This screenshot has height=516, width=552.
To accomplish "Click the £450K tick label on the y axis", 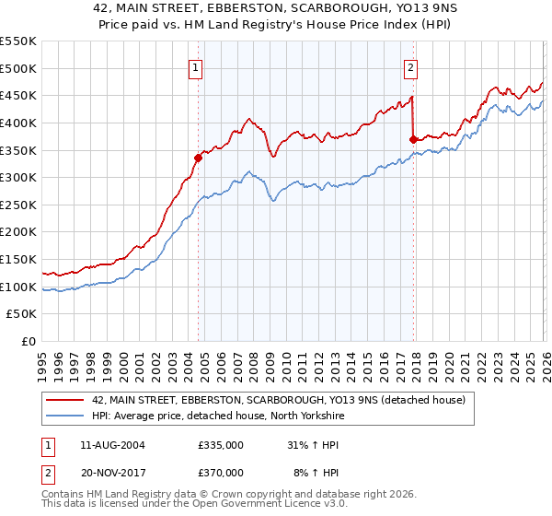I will pyautogui.click(x=18, y=95).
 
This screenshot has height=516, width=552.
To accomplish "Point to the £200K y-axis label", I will pyautogui.click(x=18, y=232).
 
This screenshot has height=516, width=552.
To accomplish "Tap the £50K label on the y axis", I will pyautogui.click(x=22, y=314).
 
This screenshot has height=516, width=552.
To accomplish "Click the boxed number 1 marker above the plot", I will pyautogui.click(x=197, y=66).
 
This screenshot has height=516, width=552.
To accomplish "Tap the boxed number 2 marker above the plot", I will pyautogui.click(x=410, y=66).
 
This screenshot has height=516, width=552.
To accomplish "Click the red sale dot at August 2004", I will pyautogui.click(x=198, y=158).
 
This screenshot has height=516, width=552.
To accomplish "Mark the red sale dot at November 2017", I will pyautogui.click(x=413, y=138).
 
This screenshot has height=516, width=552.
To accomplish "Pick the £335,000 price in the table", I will pyautogui.click(x=221, y=445).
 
